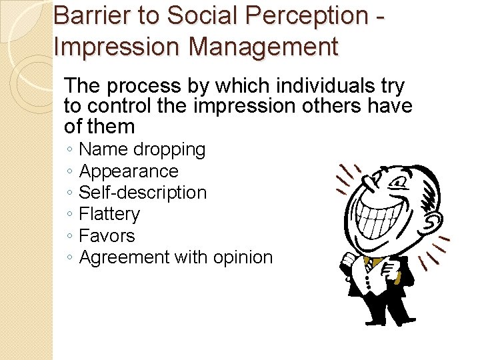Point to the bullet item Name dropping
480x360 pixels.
142,149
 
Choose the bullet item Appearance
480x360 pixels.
129,171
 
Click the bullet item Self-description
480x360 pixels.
143,193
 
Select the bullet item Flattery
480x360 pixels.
109,214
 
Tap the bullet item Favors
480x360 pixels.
107,235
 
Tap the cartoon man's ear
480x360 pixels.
433,220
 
